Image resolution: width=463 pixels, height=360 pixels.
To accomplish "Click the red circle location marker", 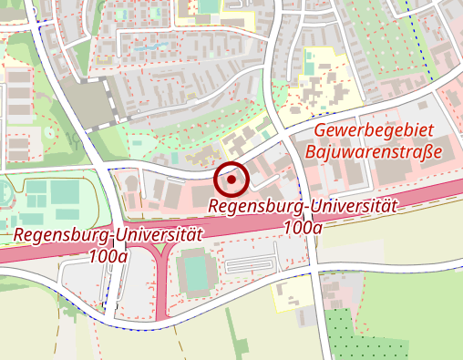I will (231, 180).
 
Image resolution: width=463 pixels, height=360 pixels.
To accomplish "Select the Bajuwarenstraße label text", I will (374, 150).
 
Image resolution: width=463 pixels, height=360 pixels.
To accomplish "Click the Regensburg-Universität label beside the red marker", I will (303, 207).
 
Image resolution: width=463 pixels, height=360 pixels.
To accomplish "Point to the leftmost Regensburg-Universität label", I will (108, 235).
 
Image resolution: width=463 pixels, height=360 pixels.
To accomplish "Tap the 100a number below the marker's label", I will (303, 227).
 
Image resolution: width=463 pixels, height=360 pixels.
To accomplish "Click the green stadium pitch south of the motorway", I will (195, 273).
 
